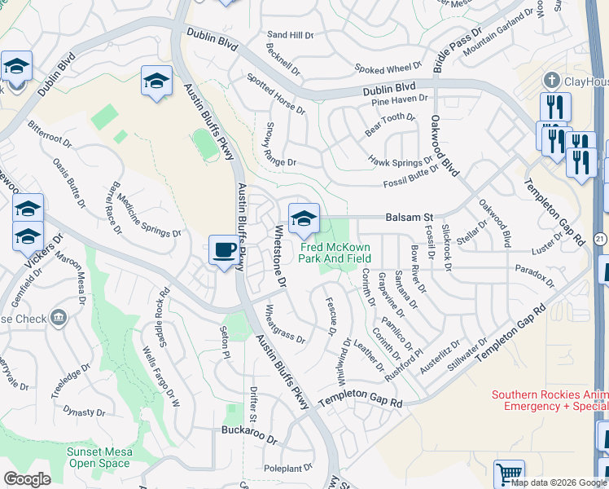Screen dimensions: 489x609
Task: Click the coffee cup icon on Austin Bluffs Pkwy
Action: (224, 250)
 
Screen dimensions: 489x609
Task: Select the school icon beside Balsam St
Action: (304, 218)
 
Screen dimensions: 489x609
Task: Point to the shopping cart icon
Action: (509, 474)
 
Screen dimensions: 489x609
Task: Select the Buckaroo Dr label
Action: (249, 430)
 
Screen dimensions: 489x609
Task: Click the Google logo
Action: (27, 479)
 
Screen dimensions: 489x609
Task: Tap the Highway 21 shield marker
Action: (601, 238)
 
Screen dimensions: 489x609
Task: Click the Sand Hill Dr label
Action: (291, 35)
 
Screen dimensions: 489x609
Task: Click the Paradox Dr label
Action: (534, 275)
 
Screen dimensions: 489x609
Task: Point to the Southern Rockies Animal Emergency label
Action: (550, 400)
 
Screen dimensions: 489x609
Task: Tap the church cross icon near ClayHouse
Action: (552, 80)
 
